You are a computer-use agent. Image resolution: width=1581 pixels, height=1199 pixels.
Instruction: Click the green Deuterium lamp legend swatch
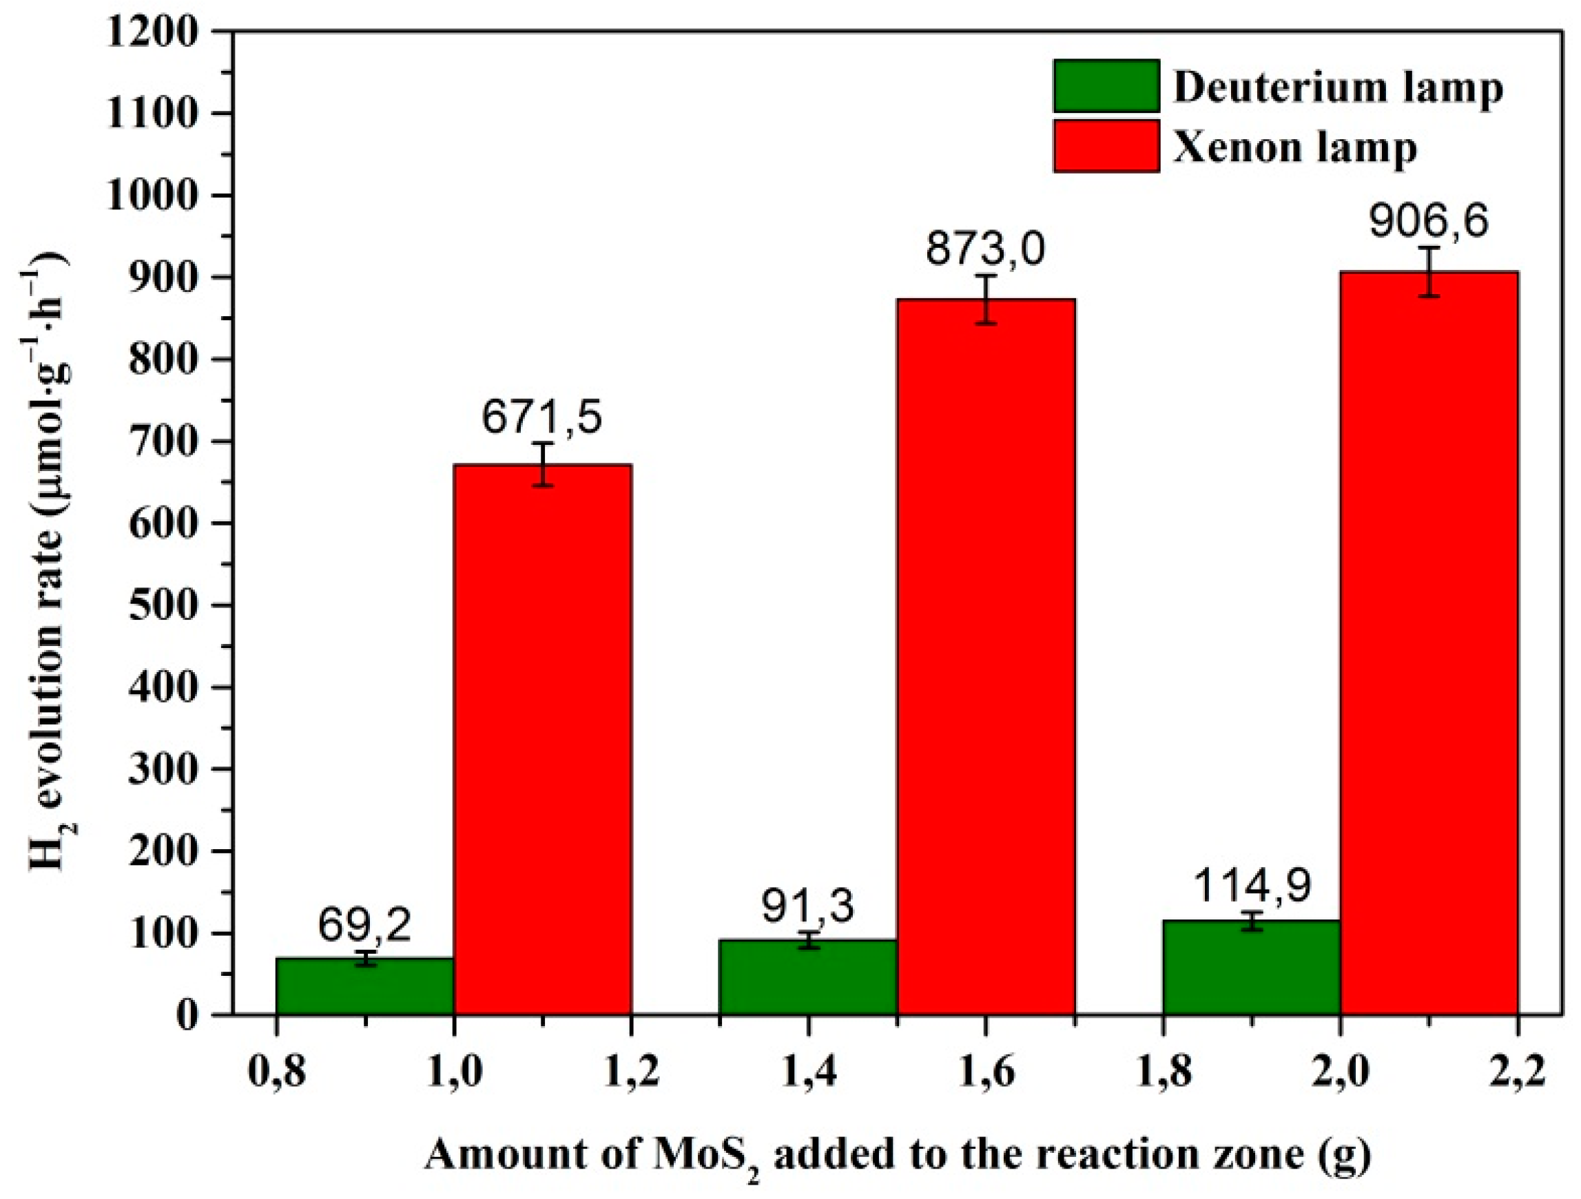tap(1106, 87)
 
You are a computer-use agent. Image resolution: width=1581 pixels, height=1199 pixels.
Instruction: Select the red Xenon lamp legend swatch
tap(1106, 147)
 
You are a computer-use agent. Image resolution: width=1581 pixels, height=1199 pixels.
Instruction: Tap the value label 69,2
tap(364, 926)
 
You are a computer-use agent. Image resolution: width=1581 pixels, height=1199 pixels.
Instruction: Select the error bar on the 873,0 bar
tap(986, 300)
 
